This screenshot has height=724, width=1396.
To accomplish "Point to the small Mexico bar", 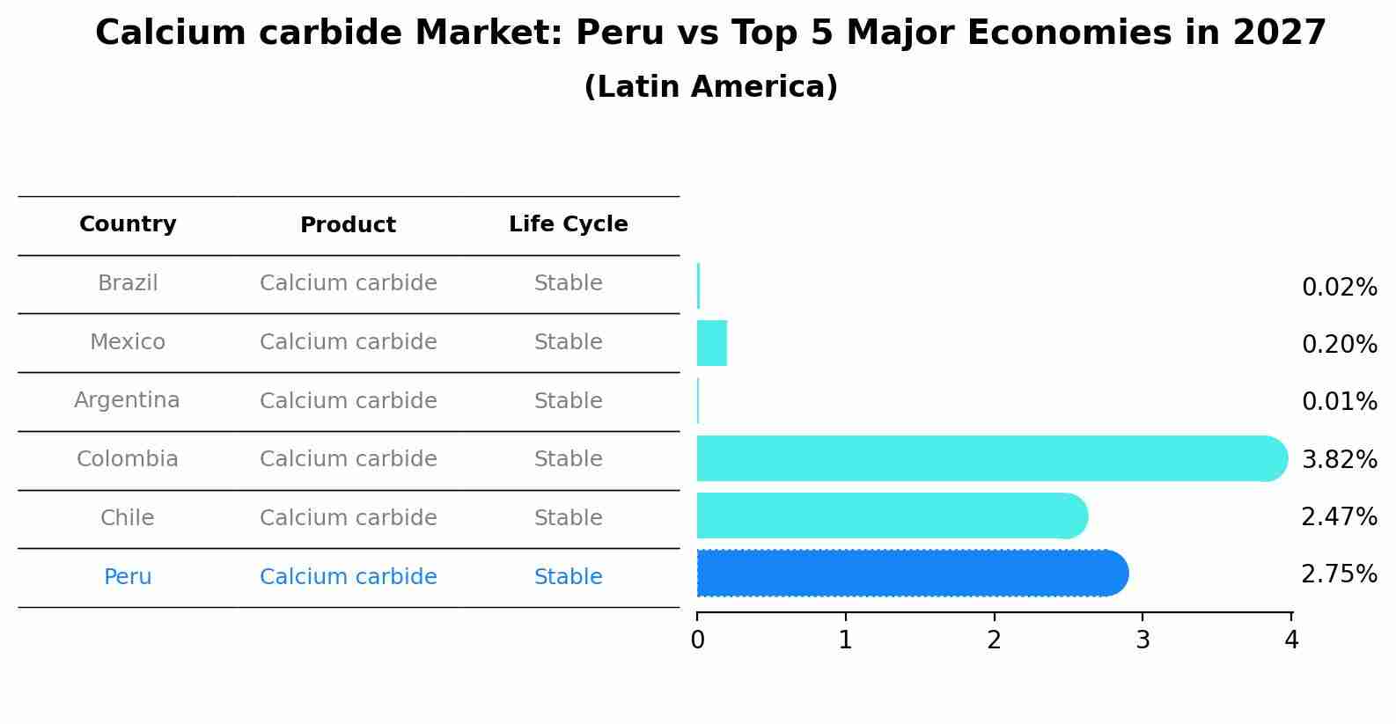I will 711,343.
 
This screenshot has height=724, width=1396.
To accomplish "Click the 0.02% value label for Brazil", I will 1339,288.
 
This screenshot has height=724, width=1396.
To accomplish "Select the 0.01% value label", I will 1339,402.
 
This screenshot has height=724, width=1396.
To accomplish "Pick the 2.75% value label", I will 1339,574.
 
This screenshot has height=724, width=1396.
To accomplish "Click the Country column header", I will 128,224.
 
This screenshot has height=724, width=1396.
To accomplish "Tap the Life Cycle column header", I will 568,224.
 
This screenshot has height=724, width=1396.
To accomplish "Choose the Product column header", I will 348,225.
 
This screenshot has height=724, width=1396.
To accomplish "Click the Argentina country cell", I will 127,400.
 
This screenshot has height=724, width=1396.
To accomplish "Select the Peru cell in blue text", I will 128,577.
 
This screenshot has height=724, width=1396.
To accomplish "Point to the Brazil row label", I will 128,283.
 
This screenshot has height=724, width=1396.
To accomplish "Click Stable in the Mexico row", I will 568,342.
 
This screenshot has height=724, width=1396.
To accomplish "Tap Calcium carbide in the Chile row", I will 348,518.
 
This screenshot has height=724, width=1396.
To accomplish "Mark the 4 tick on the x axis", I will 1291,640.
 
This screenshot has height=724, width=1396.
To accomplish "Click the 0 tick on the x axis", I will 697,640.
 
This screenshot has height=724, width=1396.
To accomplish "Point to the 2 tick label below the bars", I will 994,640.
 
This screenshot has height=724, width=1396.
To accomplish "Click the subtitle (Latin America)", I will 710,87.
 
